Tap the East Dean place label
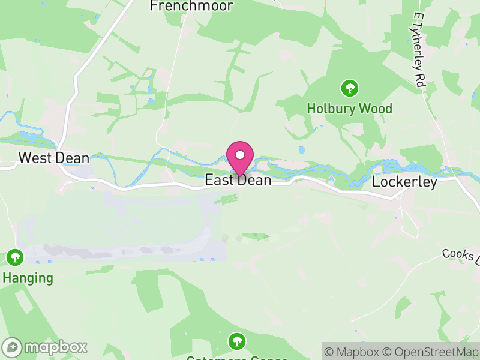238,180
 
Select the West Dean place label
54,158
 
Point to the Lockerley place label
404,182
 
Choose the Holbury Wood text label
349,109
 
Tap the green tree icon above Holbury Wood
349,89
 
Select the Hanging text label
28,278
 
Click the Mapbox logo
46,347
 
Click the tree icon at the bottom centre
238,342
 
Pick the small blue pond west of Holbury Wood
301,150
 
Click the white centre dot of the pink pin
240,155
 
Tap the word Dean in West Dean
73,158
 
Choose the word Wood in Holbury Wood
377,109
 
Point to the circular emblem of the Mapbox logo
12,347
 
